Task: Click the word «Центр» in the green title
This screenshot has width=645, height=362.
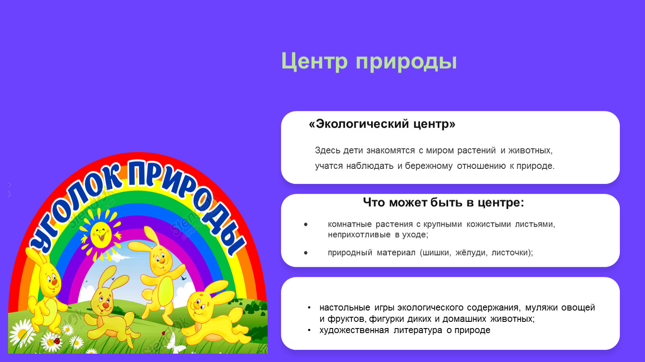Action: click(x=314, y=61)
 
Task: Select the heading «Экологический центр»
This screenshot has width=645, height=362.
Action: click(x=382, y=124)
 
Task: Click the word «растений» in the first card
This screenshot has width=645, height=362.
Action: click(x=476, y=150)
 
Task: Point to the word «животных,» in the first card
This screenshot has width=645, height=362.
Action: click(x=530, y=150)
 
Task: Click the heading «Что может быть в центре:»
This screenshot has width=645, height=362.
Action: click(x=444, y=202)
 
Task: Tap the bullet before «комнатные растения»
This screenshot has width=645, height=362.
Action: click(x=306, y=224)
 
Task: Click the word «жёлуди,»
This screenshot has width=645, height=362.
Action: click(x=471, y=252)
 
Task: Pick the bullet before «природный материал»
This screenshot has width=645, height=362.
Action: click(x=306, y=253)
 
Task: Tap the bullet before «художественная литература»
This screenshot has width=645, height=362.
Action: click(x=309, y=330)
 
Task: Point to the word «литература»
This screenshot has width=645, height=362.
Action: click(x=418, y=330)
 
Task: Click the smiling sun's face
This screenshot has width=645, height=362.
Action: click(x=101, y=235)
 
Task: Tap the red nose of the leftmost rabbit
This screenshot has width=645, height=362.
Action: click(x=54, y=282)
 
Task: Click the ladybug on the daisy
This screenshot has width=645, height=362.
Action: click(x=57, y=341)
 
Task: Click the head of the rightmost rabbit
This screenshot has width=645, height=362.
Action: click(x=199, y=305)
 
